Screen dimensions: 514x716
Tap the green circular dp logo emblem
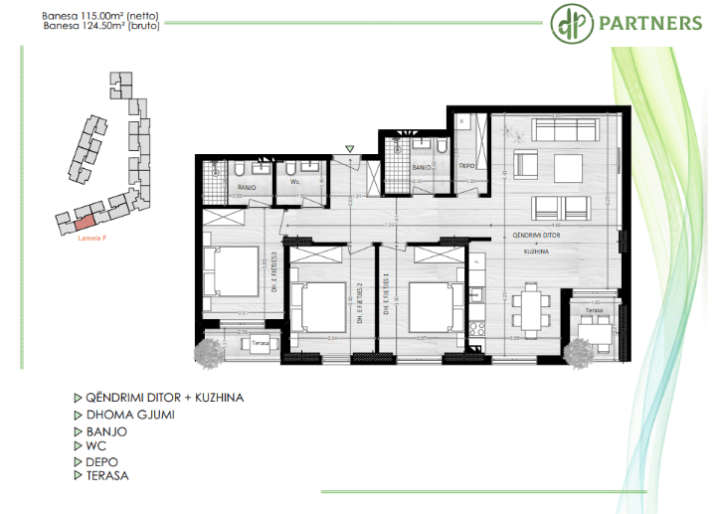point(568,22)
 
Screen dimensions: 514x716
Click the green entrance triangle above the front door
point(349,149)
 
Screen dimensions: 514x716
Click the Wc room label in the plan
point(294,183)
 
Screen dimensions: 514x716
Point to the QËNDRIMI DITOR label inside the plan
point(538,236)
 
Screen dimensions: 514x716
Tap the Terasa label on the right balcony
point(594,310)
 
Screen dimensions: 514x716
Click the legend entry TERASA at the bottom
point(107,475)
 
